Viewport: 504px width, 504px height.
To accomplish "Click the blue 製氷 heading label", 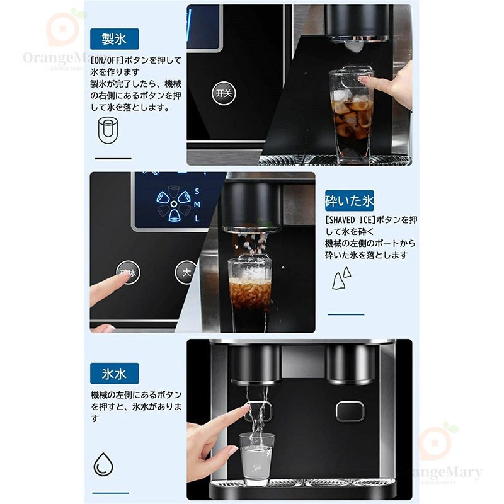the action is [x=115, y=39].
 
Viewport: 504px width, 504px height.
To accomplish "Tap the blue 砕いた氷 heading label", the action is [x=350, y=200].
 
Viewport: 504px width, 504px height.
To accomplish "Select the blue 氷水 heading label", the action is [x=115, y=374].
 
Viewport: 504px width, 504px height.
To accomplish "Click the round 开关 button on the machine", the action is [x=224, y=93].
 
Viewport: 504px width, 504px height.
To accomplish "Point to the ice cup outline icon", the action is [x=108, y=130].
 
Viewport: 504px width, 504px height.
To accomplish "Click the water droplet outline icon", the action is [x=103, y=464].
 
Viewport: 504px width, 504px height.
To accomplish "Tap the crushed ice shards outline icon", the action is [x=341, y=278].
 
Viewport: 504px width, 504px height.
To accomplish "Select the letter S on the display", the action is [x=197, y=192].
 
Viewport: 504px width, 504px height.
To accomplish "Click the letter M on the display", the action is [x=197, y=204].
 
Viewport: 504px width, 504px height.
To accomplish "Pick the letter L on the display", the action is [x=197, y=219].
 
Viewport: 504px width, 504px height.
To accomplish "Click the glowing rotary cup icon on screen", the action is [x=174, y=203].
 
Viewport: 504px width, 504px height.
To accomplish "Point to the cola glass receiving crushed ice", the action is [x=249, y=294].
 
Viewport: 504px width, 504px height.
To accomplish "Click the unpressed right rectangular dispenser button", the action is [x=350, y=411].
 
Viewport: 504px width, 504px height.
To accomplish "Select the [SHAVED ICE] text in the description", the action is [x=350, y=220].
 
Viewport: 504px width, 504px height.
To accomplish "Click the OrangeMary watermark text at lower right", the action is [x=440, y=472].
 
